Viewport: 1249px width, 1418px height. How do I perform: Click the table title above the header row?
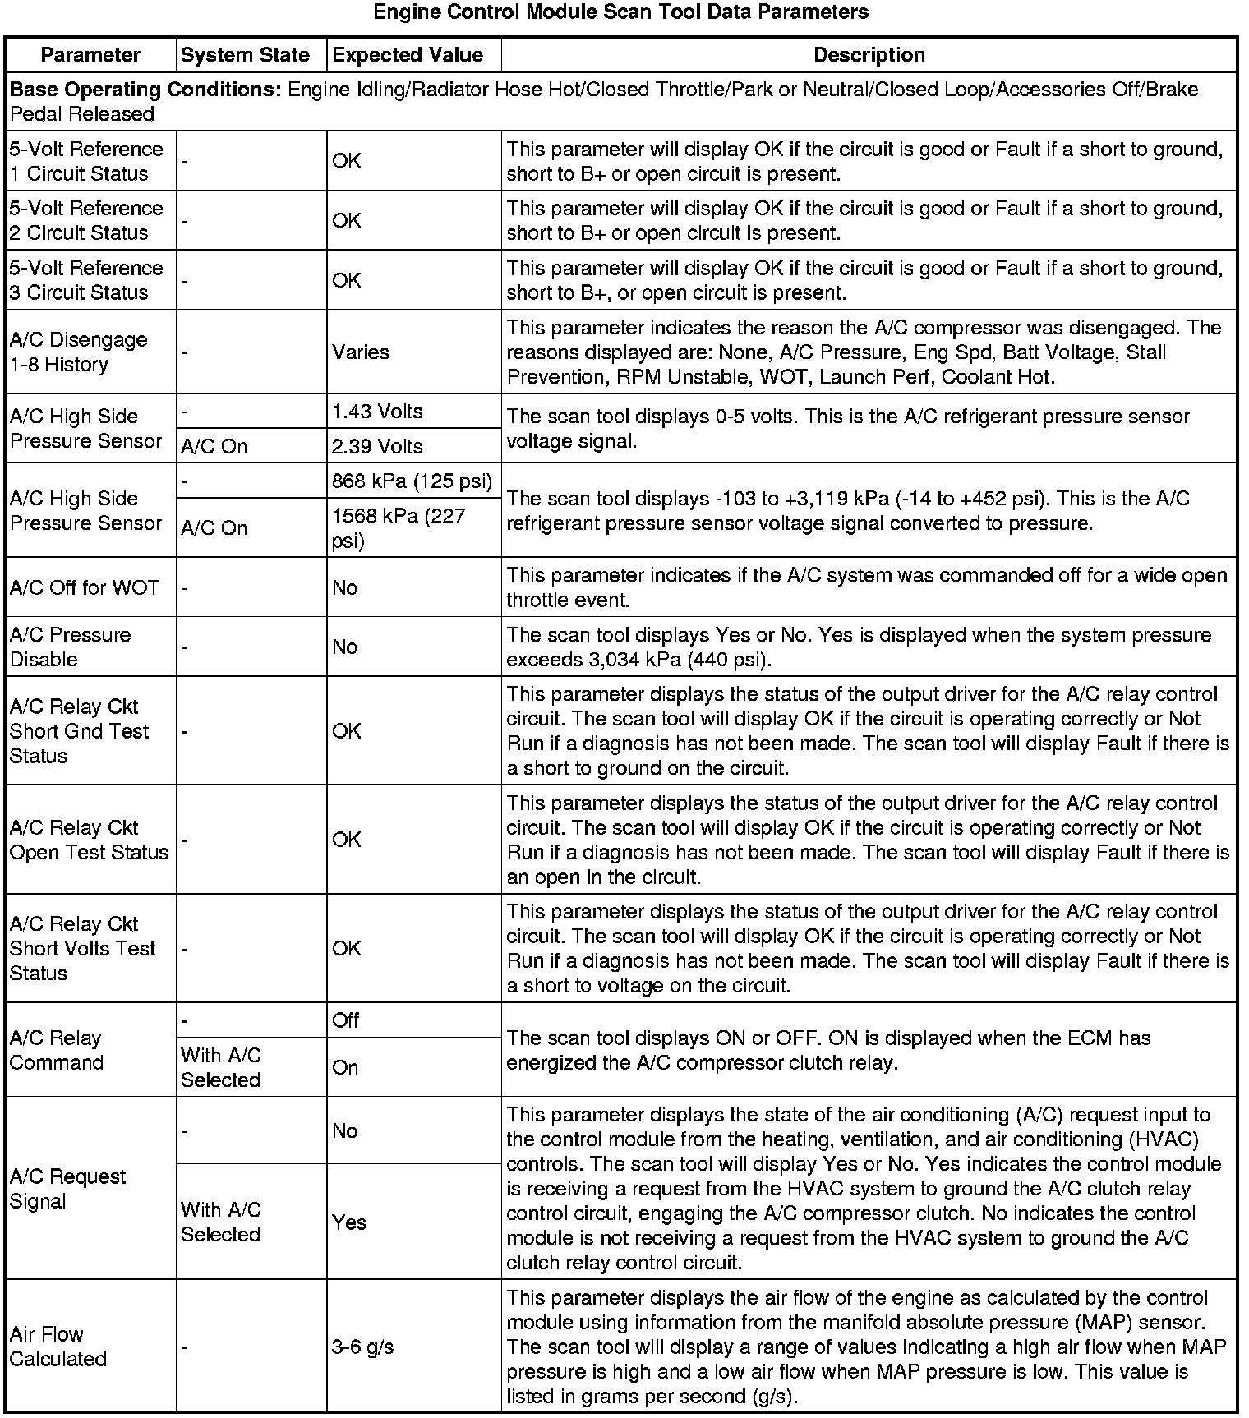(621, 12)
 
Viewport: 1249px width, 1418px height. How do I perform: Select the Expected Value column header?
(408, 55)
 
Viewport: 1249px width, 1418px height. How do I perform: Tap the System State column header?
(245, 55)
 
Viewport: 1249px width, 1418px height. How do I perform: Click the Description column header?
(869, 55)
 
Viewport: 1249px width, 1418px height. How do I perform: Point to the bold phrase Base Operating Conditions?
(145, 90)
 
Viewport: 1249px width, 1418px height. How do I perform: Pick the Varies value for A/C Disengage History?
(361, 352)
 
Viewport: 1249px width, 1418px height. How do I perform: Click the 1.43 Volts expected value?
(377, 412)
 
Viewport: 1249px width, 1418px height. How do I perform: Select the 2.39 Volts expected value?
(377, 446)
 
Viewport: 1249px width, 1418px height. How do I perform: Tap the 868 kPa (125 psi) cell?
(412, 481)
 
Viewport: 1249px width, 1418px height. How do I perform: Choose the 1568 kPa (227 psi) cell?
(399, 528)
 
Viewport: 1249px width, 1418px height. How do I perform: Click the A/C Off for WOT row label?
(85, 587)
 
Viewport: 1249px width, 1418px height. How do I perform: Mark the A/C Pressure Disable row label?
(71, 647)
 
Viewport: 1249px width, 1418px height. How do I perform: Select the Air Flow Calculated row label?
(58, 1347)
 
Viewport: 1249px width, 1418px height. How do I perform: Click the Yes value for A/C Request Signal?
(349, 1222)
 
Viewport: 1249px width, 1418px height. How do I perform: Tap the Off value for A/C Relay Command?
(346, 1020)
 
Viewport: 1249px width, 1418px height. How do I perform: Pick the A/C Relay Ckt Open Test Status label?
(89, 840)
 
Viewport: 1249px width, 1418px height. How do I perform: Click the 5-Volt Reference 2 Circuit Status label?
(86, 220)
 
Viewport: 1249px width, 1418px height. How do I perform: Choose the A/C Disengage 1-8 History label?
(79, 352)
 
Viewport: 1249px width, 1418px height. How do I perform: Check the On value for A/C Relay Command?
(345, 1067)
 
